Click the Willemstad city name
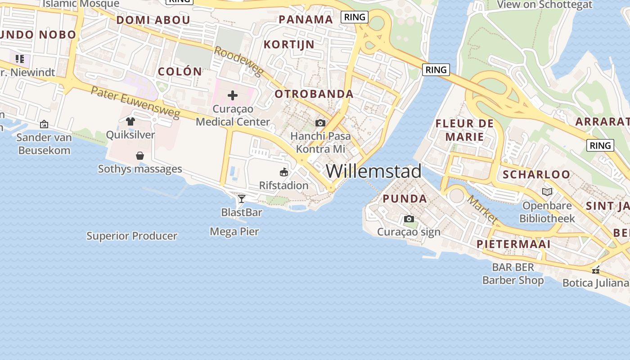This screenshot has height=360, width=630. coord(373,171)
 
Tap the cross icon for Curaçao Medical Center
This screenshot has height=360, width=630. coord(233,95)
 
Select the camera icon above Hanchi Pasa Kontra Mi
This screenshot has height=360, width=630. coord(320,123)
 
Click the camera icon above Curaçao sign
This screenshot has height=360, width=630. coord(409,219)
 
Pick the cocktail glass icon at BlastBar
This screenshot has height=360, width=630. coord(242,198)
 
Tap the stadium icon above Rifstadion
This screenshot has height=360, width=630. coord(284,172)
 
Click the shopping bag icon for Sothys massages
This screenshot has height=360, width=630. coord(140,156)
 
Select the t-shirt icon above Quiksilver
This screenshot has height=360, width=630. coord(130,121)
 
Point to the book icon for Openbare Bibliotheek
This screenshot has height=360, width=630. coord(547,192)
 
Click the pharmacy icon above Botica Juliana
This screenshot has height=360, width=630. coord(596,270)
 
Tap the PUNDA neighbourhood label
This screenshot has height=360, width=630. coord(405,199)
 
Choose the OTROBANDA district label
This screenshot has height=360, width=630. coord(314,94)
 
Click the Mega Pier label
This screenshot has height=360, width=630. coord(234,232)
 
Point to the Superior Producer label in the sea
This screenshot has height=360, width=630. coord(132,236)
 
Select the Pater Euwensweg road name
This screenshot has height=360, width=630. coord(135,103)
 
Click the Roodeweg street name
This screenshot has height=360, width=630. coord(238,62)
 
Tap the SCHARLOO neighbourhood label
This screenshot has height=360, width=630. coord(536,175)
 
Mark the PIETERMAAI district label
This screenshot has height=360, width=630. coord(513,244)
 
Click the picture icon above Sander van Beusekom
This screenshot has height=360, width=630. coord(44,124)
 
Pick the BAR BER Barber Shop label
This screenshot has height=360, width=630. coord(513,274)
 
